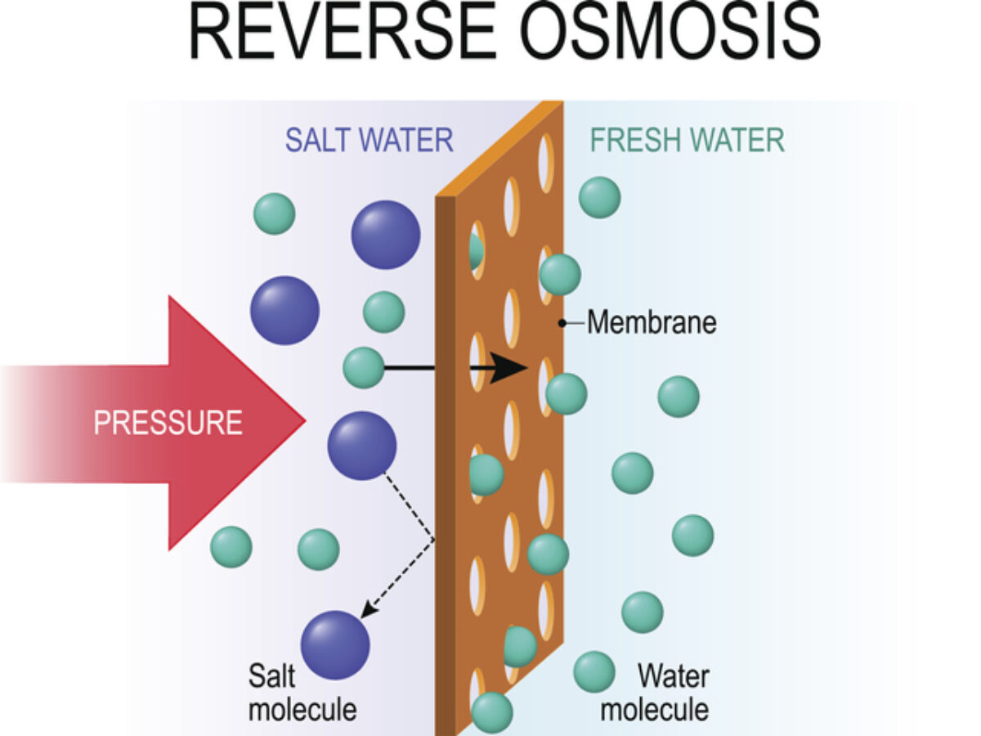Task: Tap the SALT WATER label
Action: (x=369, y=140)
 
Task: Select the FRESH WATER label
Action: (x=688, y=140)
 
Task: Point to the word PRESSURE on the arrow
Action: (x=168, y=423)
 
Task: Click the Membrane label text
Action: (x=652, y=323)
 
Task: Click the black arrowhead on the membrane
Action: (x=512, y=369)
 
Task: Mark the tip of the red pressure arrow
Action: (x=304, y=422)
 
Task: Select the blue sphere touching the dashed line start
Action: (x=362, y=446)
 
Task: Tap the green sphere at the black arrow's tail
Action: (x=364, y=367)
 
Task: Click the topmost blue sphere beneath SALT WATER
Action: (x=386, y=235)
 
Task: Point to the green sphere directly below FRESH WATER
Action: (x=600, y=197)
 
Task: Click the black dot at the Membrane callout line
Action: (x=562, y=323)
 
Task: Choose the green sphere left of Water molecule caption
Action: (x=594, y=672)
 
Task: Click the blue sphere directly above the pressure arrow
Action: (x=284, y=310)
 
